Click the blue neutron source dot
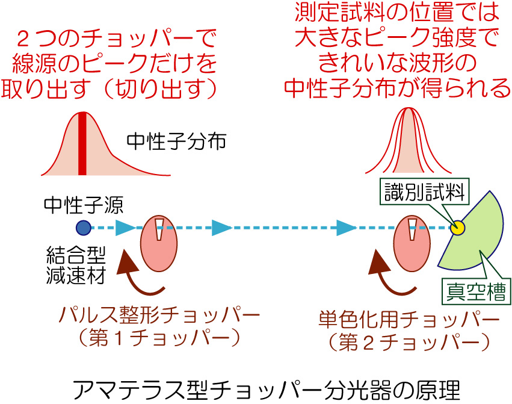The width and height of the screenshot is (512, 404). coord(84,228)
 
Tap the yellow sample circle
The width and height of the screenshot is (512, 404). coord(458,228)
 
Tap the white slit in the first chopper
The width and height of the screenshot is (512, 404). coord(159,228)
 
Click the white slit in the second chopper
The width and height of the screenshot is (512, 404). coord(412,228)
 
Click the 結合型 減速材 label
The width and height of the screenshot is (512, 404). coord(76,265)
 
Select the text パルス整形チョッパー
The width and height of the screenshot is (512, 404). coord(160,315)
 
